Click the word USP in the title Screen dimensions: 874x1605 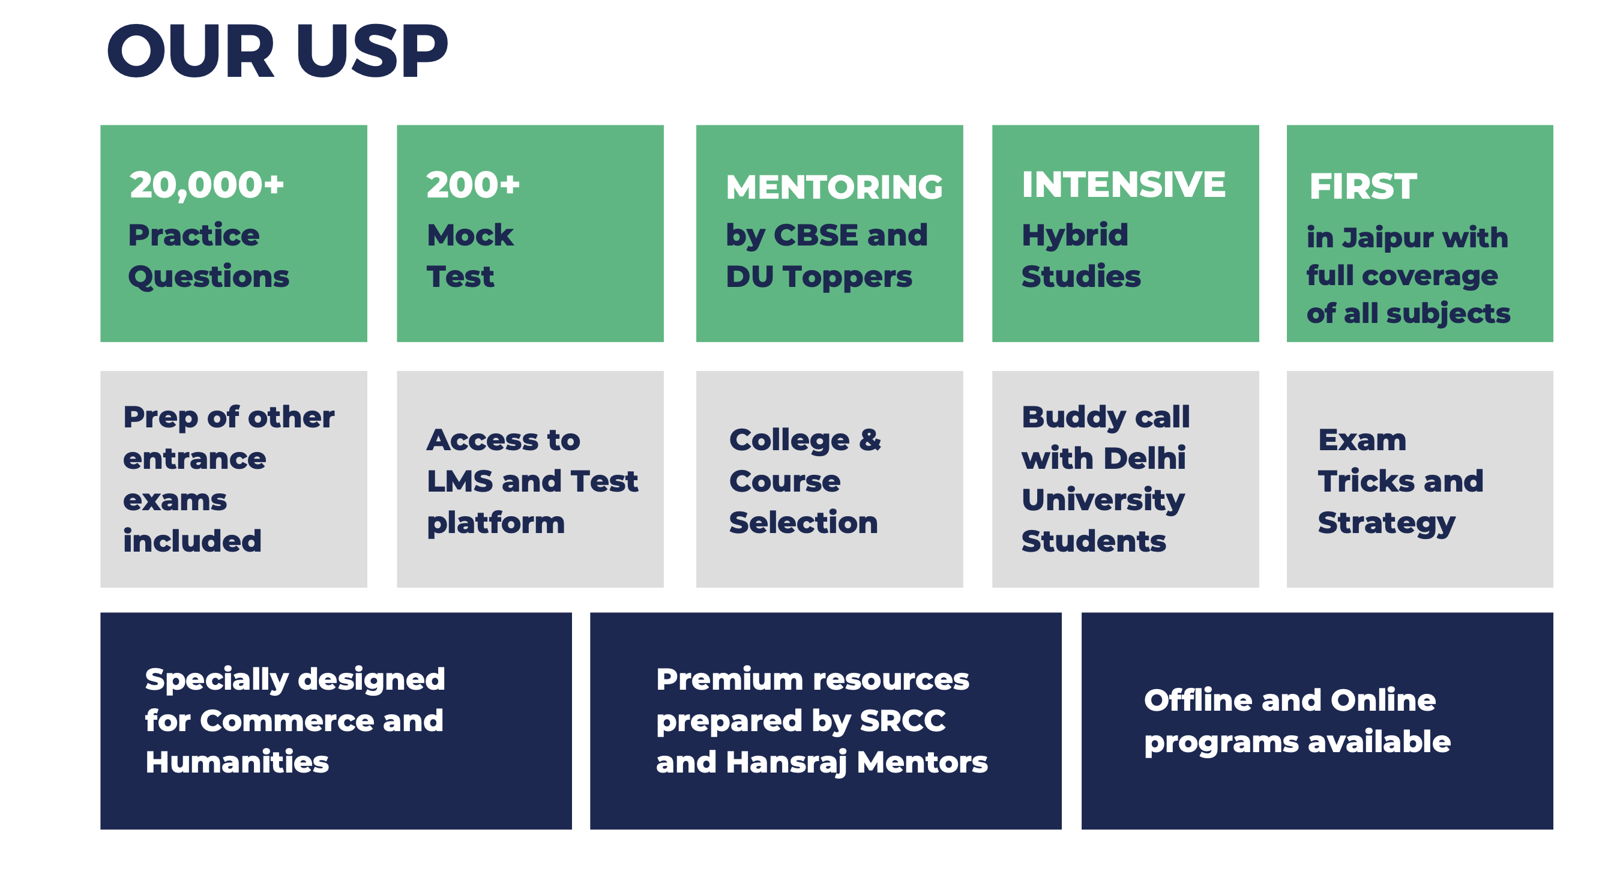pos(372,52)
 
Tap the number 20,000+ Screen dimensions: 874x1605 pos(206,185)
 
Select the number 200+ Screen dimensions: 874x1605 pos(472,185)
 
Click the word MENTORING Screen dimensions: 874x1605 pos(834,187)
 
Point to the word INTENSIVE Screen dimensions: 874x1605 pos(1124,185)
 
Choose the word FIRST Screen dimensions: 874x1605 pos(1363,187)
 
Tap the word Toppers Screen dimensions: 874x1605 pos(848,277)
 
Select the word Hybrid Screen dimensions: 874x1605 pos(1075,235)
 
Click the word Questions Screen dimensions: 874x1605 pos(209,277)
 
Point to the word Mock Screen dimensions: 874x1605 pos(470,235)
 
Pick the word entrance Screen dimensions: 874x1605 pos(194,459)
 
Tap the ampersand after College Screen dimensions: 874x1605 pos(870,440)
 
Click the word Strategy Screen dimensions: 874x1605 pos(1387,523)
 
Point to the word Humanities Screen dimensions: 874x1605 pos(236,762)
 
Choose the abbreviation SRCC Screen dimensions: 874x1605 pos(902,722)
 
